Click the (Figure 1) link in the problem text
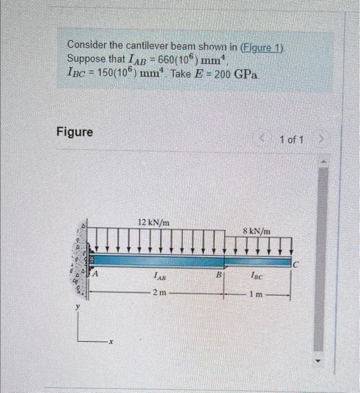coord(262,47)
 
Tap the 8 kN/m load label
coord(257,230)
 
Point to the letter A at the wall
coord(96,274)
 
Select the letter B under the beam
coord(219,275)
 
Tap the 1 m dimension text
coord(255,293)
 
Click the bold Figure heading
coord(75,132)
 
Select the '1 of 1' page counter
coord(291,140)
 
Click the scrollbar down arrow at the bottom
coord(321,360)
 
